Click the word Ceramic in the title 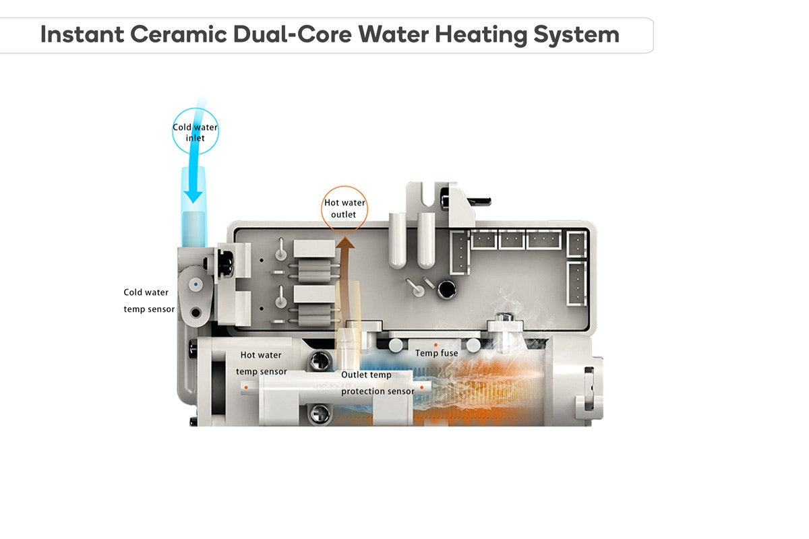coord(179,34)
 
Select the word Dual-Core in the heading coord(293,34)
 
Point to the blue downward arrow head coord(193,196)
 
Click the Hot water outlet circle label coord(344,208)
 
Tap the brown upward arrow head coord(345,243)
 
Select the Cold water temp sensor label coord(149,300)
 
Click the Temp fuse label coord(437,353)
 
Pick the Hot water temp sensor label coord(262,363)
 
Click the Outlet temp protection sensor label coord(378,383)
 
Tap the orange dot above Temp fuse coord(436,345)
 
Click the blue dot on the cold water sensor coord(196,284)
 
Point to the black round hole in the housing coord(447,290)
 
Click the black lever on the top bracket coord(479,201)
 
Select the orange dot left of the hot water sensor coord(246,387)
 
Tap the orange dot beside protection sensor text coord(421,387)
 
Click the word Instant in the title coord(82,34)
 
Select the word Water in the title coord(393,34)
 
